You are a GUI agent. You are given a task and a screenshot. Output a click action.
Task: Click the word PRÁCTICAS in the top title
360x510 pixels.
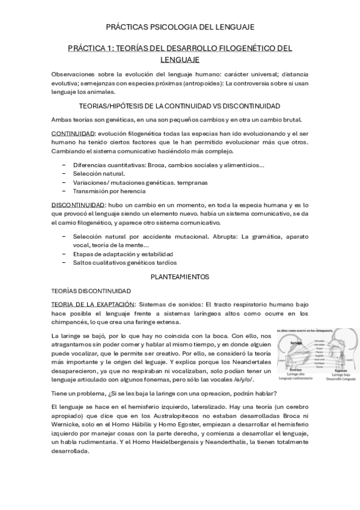click(x=125, y=27)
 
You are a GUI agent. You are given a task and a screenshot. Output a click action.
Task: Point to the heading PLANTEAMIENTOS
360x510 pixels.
click(x=180, y=277)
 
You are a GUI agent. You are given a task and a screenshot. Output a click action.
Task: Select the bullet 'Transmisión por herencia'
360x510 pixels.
click(x=109, y=191)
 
